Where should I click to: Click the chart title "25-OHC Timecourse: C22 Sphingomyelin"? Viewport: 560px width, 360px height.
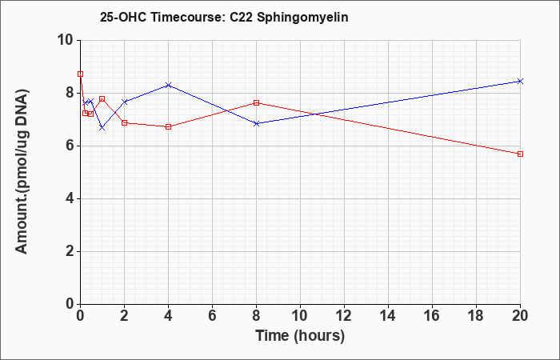click(224, 18)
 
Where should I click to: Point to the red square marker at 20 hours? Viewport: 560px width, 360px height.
click(520, 154)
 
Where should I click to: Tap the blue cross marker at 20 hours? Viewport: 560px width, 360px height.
click(520, 82)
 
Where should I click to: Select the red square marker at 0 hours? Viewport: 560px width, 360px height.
click(80, 74)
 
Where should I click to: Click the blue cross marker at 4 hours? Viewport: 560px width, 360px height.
click(169, 85)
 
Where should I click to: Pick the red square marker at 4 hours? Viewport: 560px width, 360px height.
click(169, 126)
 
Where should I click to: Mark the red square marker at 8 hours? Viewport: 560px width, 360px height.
click(257, 103)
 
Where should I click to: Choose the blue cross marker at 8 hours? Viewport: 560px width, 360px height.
click(257, 123)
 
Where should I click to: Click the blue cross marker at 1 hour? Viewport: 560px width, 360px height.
click(102, 127)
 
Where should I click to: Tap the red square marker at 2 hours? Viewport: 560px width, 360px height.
click(125, 123)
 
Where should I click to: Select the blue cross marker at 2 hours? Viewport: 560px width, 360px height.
click(125, 102)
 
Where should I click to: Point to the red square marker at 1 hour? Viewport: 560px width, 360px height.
click(102, 99)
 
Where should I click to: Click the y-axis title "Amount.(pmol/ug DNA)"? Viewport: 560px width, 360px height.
click(22, 172)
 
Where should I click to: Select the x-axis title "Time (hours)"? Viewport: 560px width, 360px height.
click(300, 336)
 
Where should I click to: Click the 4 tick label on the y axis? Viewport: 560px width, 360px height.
click(70, 199)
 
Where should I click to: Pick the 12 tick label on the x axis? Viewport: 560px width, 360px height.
click(344, 316)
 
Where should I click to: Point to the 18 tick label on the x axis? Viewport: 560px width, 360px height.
click(477, 316)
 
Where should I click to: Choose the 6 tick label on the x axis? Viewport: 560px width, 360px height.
click(213, 316)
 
